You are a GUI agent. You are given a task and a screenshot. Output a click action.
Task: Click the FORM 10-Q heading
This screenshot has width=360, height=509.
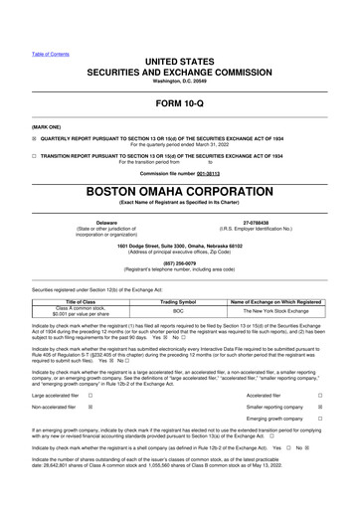point(180,102)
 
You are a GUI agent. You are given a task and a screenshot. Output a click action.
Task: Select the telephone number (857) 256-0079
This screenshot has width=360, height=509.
point(179,263)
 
